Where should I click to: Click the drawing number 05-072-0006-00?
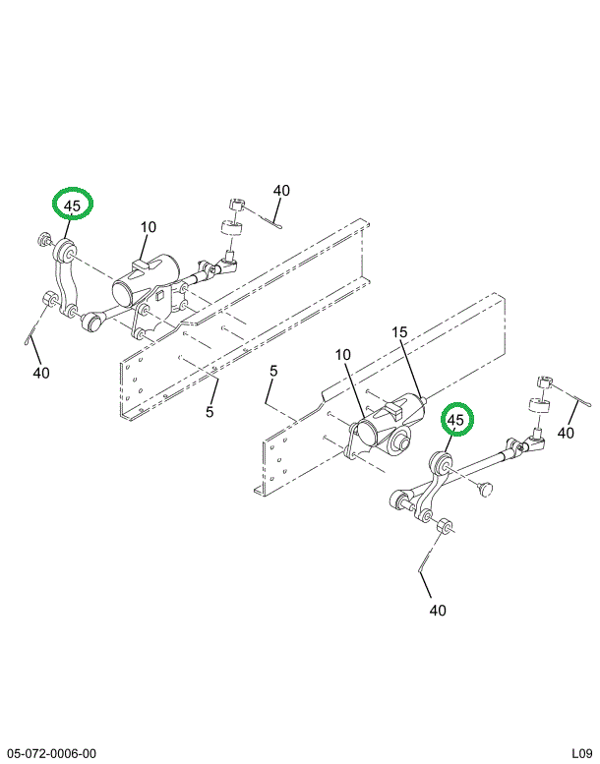[x=52, y=753]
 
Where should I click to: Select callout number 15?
[x=399, y=332]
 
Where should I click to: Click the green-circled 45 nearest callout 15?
[x=457, y=419]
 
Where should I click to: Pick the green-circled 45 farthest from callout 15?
[x=73, y=204]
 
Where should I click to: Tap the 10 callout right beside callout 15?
[x=343, y=355]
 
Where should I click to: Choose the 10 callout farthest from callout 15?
[x=149, y=227]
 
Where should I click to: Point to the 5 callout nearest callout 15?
[x=273, y=371]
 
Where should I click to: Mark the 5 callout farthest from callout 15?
[x=210, y=412]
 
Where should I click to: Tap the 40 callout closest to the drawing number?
[x=41, y=373]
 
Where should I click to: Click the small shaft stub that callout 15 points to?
[x=426, y=400]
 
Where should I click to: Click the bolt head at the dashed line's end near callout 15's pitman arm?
[x=486, y=489]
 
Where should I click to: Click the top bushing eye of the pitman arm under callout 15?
[x=441, y=463]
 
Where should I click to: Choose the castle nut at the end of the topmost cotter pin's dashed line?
[x=236, y=205]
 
